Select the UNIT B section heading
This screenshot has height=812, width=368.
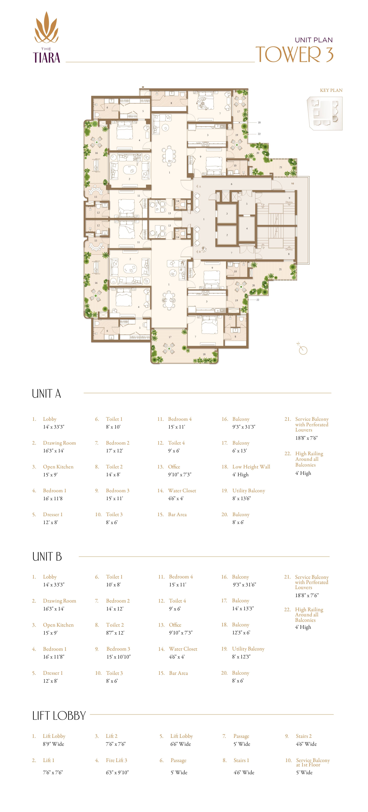pyautogui.click(x=47, y=557)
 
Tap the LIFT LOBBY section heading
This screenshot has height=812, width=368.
pyautogui.click(x=59, y=716)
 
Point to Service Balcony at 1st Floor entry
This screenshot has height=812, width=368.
pyautogui.click(x=313, y=762)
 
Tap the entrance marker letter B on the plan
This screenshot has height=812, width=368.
pyautogui.click(x=199, y=252)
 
